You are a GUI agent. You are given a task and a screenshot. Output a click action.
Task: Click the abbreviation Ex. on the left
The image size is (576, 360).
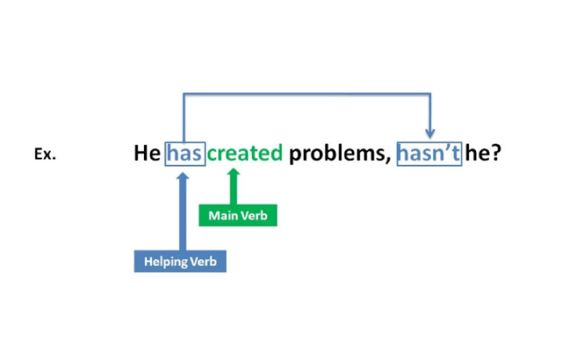coord(45,155)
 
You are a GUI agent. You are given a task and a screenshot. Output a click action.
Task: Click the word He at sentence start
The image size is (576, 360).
coord(147,153)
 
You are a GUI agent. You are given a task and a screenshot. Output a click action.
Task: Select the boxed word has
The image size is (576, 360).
coord(185,153)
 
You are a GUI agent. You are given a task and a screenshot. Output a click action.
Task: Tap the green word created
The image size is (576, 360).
coord(245,153)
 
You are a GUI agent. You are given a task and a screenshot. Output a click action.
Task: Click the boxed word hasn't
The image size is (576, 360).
coord(429,153)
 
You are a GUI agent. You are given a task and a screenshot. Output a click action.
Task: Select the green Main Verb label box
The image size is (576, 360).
coord(238,215)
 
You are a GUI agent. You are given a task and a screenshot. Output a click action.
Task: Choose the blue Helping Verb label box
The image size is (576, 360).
coord(180,262)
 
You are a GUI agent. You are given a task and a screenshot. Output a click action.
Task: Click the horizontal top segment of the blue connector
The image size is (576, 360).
coord(308,94)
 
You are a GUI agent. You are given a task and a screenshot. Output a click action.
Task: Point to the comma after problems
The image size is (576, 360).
coord(389,161)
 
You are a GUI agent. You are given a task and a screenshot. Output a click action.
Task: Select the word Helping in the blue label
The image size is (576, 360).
coord(166,262)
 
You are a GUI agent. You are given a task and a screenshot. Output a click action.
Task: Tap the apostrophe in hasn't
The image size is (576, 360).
coord(448,146)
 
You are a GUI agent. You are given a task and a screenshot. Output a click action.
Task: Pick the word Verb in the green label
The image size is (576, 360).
coord(254,215)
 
